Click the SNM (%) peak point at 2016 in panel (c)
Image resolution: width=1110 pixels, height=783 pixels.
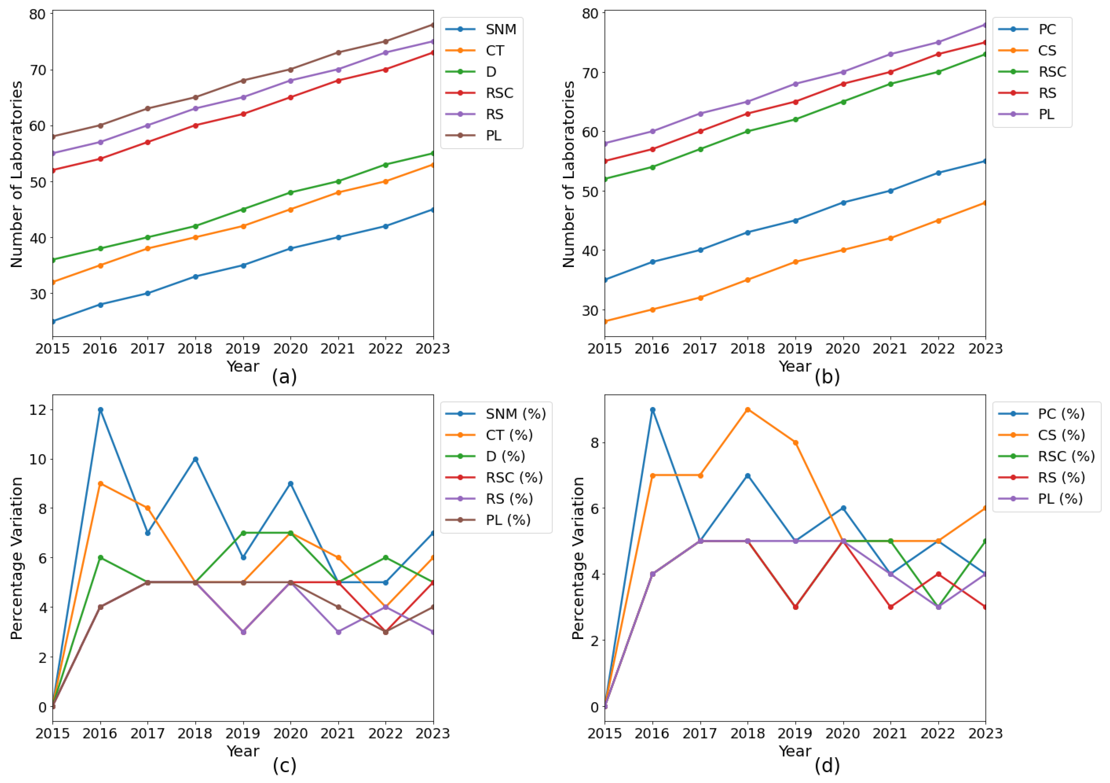(x=100, y=410)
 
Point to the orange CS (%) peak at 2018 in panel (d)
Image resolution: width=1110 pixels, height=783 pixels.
(x=748, y=410)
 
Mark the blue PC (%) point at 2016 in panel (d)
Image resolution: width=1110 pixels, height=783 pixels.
(x=653, y=410)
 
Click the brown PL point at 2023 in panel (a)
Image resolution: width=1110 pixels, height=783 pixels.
(x=433, y=25)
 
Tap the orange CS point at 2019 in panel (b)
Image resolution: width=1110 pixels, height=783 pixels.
(x=795, y=262)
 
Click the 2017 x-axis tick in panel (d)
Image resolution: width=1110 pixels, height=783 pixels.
(x=699, y=733)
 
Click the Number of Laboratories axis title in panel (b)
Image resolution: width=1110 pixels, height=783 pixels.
(x=569, y=174)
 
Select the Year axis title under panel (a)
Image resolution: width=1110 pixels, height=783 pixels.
(x=243, y=366)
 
